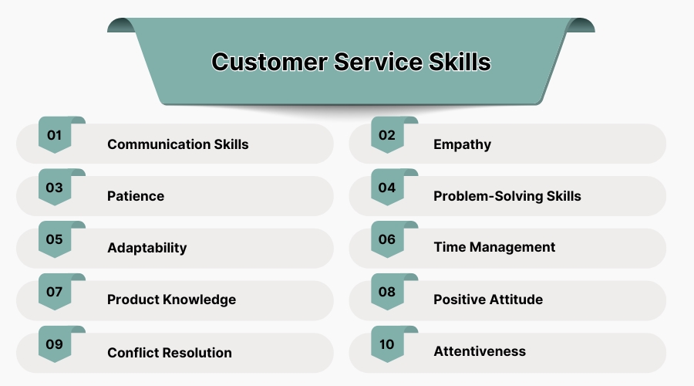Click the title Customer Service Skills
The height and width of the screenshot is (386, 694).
[351, 62]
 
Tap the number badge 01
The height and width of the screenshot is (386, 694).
[55, 136]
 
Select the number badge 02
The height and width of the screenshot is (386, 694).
[387, 136]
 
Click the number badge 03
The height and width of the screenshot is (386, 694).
[55, 188]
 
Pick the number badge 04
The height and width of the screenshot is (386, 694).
[387, 188]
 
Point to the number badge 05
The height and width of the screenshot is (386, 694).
[55, 239]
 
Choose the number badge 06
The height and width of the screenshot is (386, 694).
[387, 239]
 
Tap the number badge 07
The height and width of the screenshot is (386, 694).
[55, 292]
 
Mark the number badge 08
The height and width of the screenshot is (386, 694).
[387, 292]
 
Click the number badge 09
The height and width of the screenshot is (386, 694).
[55, 344]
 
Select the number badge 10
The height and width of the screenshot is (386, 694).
[387, 344]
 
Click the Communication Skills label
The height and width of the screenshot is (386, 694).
[178, 144]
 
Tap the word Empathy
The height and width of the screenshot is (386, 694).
[462, 144]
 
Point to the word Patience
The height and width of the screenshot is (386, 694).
[136, 196]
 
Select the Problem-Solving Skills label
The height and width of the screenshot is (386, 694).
[507, 196]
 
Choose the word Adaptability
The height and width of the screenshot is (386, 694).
[147, 248]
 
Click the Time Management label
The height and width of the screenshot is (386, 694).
[494, 247]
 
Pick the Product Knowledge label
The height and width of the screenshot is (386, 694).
[171, 300]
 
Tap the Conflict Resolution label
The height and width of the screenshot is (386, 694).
[170, 353]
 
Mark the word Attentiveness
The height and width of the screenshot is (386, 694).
[480, 351]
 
